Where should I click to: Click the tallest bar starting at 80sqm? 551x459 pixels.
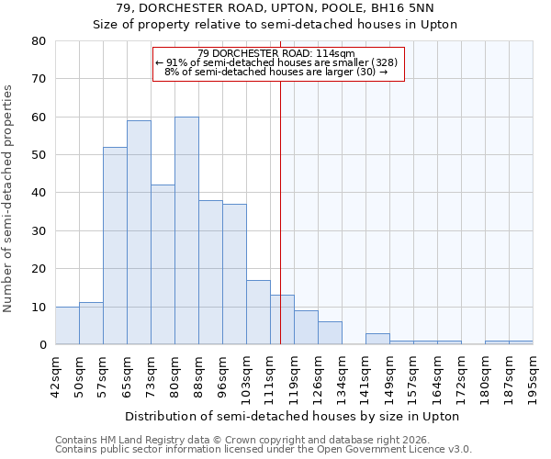pyautogui.click(x=186, y=230)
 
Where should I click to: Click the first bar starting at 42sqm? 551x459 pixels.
pyautogui.click(x=67, y=326)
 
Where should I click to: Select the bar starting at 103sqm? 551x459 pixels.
pyautogui.click(x=258, y=312)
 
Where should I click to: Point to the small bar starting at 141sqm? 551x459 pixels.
pyautogui.click(x=377, y=339)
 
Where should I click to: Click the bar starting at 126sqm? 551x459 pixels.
pyautogui.click(x=330, y=333)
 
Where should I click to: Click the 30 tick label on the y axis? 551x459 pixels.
pyautogui.click(x=39, y=231)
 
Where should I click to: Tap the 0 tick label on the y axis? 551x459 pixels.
pyautogui.click(x=42, y=345)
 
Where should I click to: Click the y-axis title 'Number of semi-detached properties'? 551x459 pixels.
pyautogui.click(x=9, y=198)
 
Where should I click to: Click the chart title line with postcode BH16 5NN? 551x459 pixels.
pyautogui.click(x=275, y=8)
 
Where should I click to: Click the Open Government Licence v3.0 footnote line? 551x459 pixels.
pyautogui.click(x=264, y=450)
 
